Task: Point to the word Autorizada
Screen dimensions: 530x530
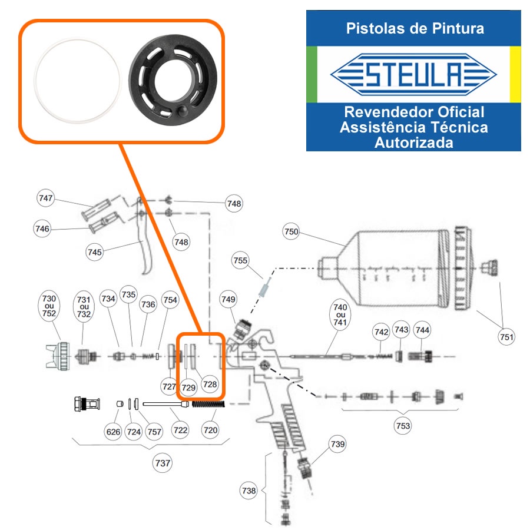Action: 414,143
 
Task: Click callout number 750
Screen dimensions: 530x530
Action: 291,231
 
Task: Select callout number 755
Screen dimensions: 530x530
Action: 240,260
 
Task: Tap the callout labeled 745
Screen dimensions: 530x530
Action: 94,252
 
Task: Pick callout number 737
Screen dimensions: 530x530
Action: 163,463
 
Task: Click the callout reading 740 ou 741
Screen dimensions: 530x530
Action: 340,314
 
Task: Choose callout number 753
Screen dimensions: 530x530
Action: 403,426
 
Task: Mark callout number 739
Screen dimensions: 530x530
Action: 337,444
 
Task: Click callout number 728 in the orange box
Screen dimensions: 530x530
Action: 210,384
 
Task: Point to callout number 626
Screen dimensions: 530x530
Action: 113,432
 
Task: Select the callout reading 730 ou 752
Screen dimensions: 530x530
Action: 49,306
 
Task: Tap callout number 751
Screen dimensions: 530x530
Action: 506,337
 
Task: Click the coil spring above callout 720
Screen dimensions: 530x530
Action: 208,403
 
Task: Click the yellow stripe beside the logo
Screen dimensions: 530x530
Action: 515,74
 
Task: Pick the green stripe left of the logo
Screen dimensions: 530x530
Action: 312,74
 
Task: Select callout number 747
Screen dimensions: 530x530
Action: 45,198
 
